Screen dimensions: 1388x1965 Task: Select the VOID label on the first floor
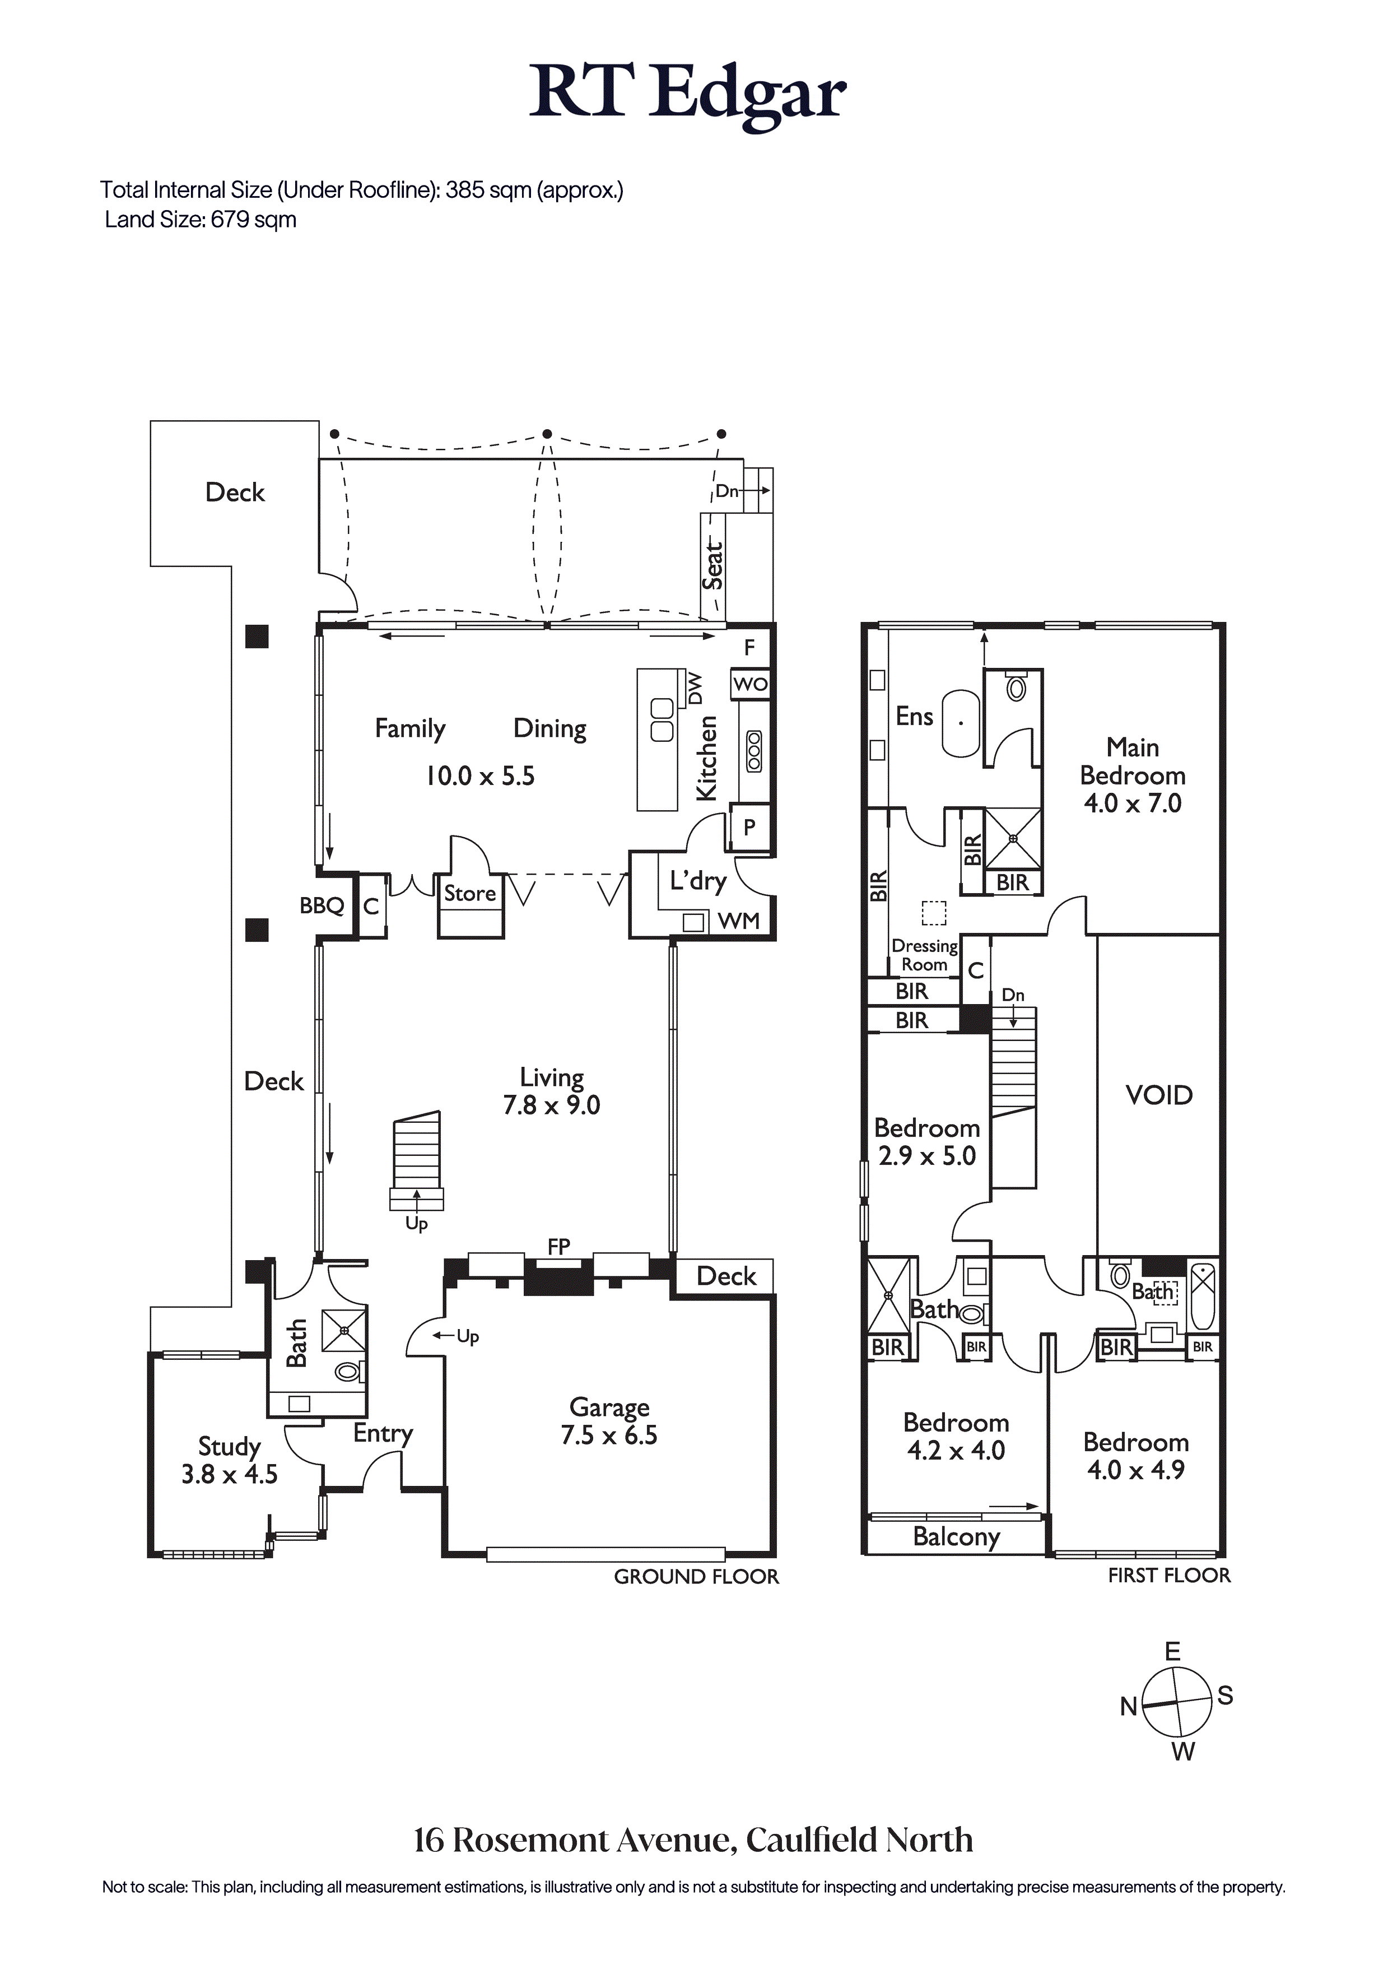tap(1159, 1095)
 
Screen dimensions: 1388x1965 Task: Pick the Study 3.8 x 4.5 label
tap(229, 1460)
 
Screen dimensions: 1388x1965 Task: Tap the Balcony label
tap(956, 1537)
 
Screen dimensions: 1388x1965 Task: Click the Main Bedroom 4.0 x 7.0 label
tap(1132, 775)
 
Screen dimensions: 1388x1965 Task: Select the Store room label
tap(470, 894)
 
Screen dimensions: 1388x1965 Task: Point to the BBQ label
tap(322, 905)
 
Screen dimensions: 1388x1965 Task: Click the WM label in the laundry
tap(738, 921)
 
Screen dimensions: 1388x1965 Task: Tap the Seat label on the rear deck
tap(713, 565)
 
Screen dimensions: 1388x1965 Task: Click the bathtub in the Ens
tap(961, 723)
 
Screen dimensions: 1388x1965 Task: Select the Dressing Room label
tap(924, 955)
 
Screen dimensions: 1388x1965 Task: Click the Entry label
tap(383, 1433)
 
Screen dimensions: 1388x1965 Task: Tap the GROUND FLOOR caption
tap(697, 1577)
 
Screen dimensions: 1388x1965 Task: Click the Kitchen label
tap(707, 758)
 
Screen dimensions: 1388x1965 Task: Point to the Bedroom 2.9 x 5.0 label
tap(927, 1142)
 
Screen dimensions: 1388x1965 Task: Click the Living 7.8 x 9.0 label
tap(552, 1091)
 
